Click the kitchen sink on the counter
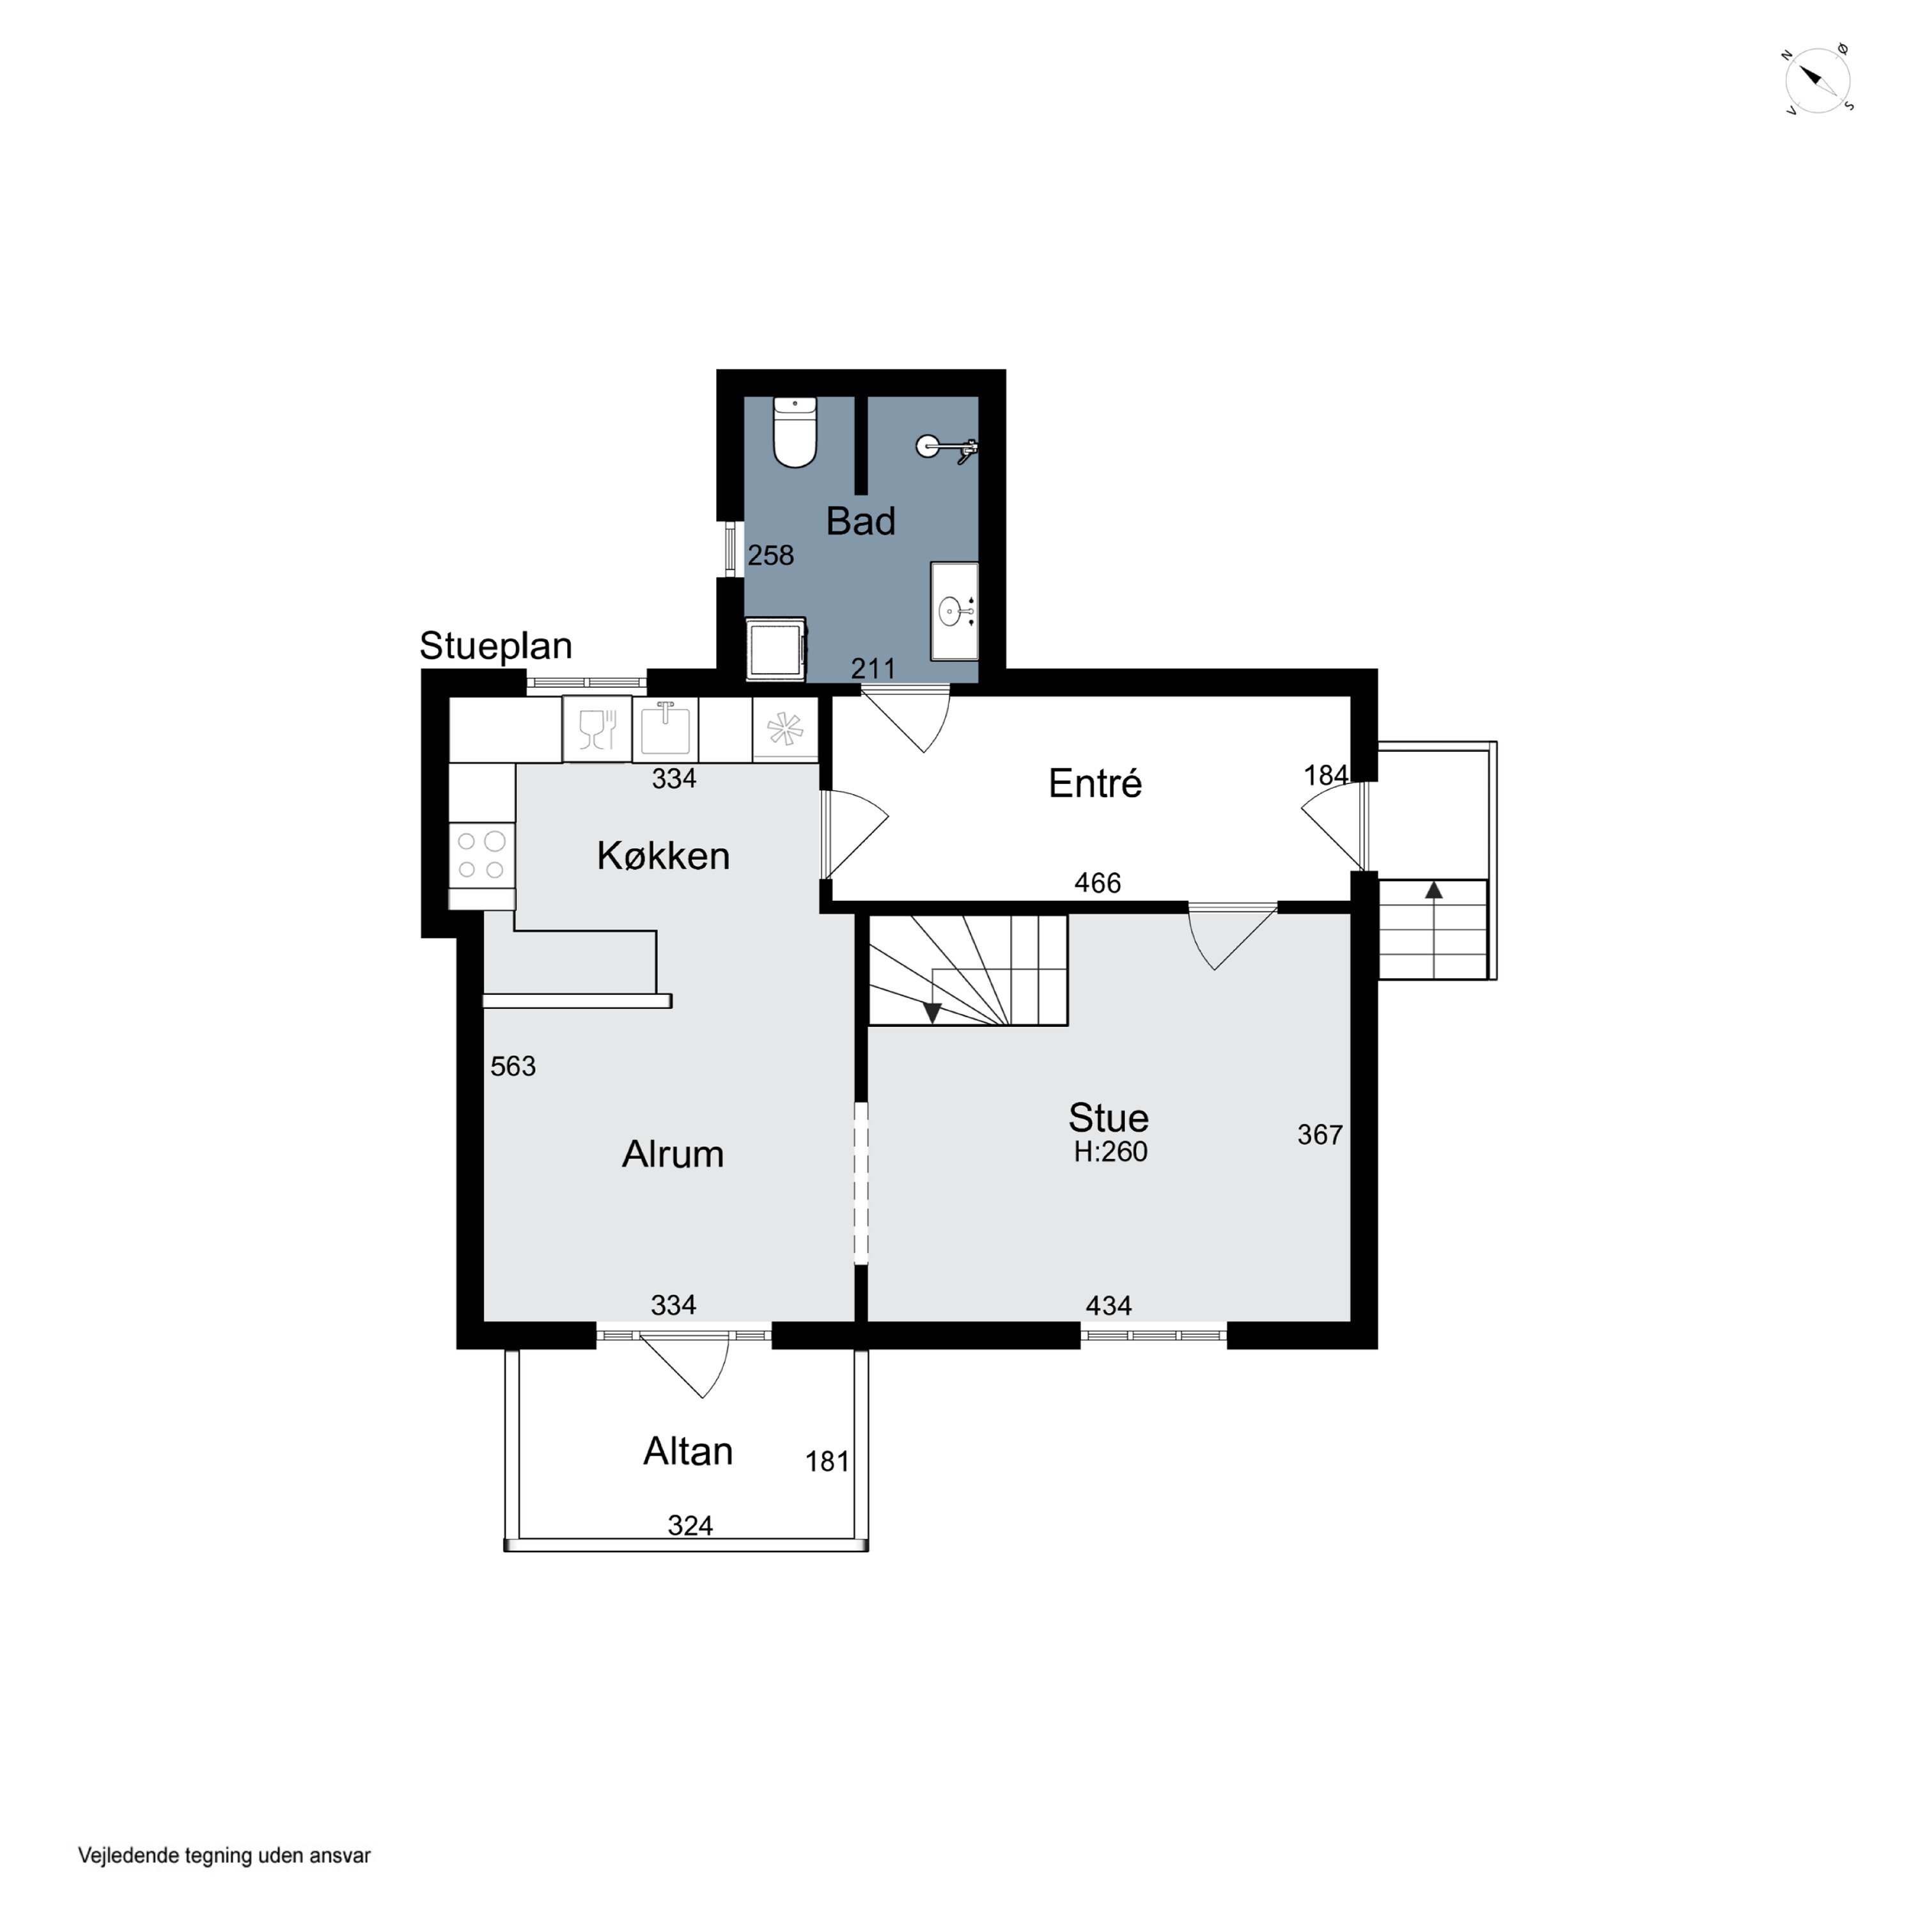pos(665,729)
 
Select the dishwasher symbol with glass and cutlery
pos(596,729)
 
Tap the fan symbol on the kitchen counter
pos(784,729)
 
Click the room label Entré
pos(1095,783)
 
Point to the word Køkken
pos(663,856)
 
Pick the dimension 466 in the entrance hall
pos(1098,882)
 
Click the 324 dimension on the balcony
pos(690,1525)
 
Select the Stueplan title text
pos(496,645)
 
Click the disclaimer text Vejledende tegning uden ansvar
pos(224,1855)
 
